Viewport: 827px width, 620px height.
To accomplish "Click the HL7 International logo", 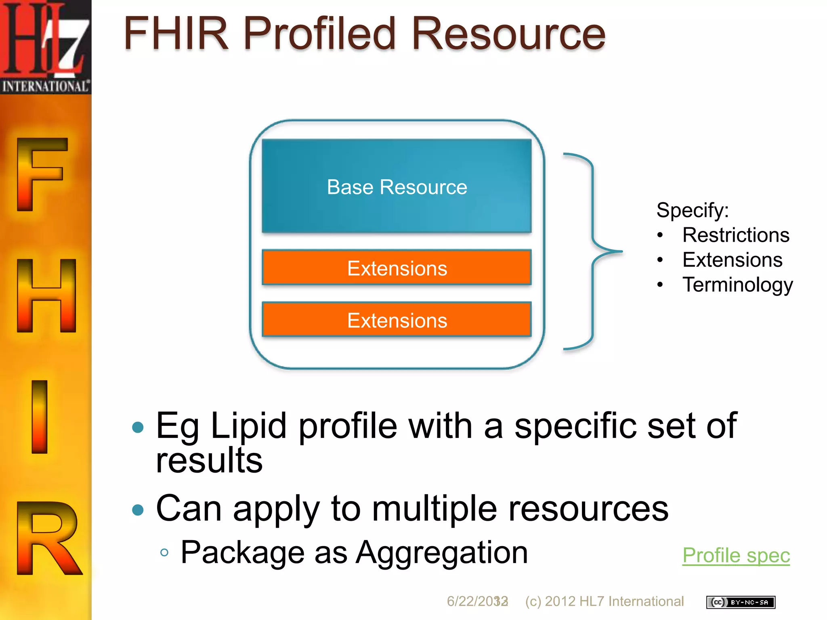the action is (x=45, y=47).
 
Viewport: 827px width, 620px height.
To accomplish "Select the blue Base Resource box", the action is (x=397, y=186).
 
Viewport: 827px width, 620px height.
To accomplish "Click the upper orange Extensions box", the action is (x=397, y=268).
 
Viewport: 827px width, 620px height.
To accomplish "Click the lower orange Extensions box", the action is (x=397, y=320).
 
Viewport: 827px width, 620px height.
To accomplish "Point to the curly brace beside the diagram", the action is (x=593, y=251).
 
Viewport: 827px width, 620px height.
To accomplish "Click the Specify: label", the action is (x=692, y=210).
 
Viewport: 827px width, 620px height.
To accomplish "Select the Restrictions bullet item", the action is (x=735, y=235).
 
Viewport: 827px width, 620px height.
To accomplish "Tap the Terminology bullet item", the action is (x=737, y=285).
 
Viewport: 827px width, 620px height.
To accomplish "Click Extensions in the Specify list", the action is (x=732, y=260).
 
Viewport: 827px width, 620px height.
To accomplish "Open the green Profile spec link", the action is (x=736, y=555).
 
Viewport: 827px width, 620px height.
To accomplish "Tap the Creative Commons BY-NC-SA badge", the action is (x=741, y=602).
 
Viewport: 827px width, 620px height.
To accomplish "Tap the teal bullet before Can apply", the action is (x=138, y=509).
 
